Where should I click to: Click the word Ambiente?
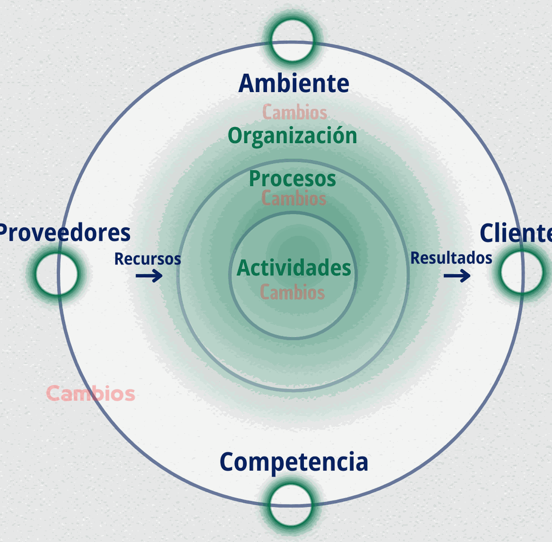[293, 84]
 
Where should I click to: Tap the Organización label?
[292, 136]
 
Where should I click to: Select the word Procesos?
[292, 179]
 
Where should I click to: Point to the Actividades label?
[294, 268]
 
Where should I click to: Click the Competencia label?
[293, 462]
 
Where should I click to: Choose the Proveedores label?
[64, 233]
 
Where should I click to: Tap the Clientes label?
[516, 233]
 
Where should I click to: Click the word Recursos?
[148, 259]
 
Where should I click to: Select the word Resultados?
[451, 258]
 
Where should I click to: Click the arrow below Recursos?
[149, 276]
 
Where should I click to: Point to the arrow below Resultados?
[456, 276]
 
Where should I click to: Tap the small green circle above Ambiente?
[292, 40]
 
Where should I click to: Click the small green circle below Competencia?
[291, 505]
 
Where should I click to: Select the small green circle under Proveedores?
[57, 274]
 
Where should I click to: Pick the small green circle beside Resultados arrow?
[521, 272]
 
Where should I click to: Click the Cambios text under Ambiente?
[294, 113]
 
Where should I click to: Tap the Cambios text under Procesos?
[293, 198]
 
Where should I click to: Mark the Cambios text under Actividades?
[292, 292]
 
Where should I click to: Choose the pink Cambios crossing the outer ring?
[91, 394]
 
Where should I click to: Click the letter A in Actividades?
[244, 268]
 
